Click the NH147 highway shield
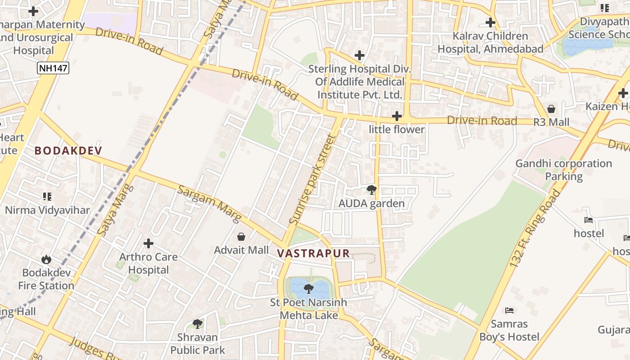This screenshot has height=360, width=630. (x=53, y=68)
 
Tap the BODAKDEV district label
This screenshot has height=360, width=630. (x=68, y=151)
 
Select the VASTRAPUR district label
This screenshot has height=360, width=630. (x=314, y=253)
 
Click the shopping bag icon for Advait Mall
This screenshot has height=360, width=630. (x=241, y=237)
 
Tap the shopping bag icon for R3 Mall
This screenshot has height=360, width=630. (x=551, y=109)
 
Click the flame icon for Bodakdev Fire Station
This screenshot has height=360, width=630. (x=46, y=260)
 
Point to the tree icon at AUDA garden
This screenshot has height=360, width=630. (x=371, y=190)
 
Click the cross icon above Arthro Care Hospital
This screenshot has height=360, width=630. (x=148, y=244)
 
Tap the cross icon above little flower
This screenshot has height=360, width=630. (x=396, y=117)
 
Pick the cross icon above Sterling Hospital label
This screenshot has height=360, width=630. (x=359, y=55)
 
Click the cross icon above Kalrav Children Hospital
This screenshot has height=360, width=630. (x=490, y=22)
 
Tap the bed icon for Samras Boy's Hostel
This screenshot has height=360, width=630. (x=509, y=310)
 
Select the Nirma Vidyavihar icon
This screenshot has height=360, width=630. (x=47, y=197)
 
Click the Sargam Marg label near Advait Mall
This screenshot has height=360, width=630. (x=209, y=203)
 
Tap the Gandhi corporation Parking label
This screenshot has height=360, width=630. (x=563, y=170)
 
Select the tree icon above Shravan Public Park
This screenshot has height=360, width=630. (x=197, y=324)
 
